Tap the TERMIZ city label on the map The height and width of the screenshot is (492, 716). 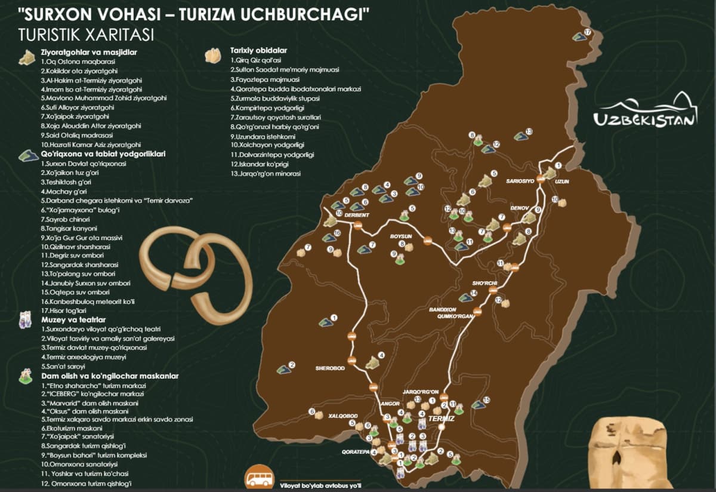(x=442, y=420)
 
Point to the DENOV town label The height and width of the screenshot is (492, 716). (x=519, y=208)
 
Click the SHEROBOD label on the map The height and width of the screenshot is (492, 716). (x=330, y=368)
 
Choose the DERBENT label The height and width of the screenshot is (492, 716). (x=357, y=215)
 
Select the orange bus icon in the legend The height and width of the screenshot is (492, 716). (x=260, y=479)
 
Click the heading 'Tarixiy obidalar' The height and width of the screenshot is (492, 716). (x=258, y=51)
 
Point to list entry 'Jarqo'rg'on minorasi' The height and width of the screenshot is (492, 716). (x=266, y=173)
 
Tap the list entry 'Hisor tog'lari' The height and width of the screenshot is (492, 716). (x=65, y=310)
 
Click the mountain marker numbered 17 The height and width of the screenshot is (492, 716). (x=579, y=36)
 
